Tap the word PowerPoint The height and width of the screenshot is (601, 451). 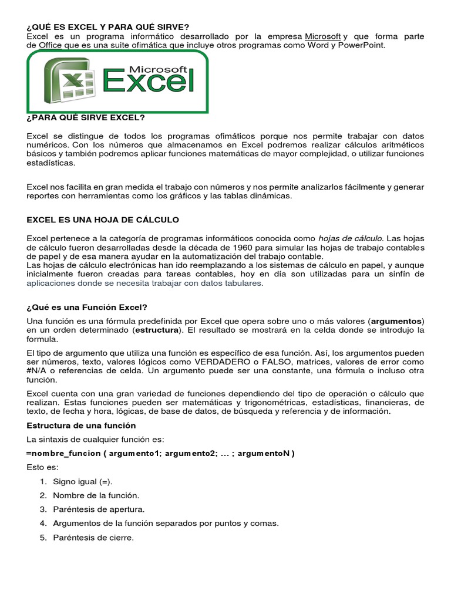pos(362,45)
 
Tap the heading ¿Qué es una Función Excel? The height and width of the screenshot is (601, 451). pos(87,307)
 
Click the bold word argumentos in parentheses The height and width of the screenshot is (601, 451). pos(396,321)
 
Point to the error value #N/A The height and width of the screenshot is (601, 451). pos(37,370)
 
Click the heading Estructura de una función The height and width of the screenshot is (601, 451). pos(81,425)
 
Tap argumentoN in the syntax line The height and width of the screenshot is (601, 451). pos(264,453)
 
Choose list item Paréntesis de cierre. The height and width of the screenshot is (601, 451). pos(93,537)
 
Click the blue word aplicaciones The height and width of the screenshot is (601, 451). pos(53,283)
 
